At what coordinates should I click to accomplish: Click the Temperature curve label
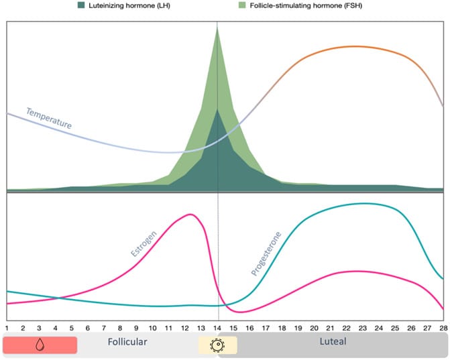(48, 118)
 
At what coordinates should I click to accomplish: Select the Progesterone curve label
(266, 254)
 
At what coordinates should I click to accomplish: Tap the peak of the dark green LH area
(217, 109)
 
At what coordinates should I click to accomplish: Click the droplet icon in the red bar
(40, 345)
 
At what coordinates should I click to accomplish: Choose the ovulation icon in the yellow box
(217, 345)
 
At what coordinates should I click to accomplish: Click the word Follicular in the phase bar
(127, 342)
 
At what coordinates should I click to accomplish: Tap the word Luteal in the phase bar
(332, 342)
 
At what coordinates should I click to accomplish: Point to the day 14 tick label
(217, 328)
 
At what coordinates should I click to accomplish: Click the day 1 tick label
(7, 328)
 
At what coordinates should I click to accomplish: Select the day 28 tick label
(443, 328)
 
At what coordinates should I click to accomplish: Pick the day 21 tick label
(329, 328)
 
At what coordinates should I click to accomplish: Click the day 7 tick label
(104, 328)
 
